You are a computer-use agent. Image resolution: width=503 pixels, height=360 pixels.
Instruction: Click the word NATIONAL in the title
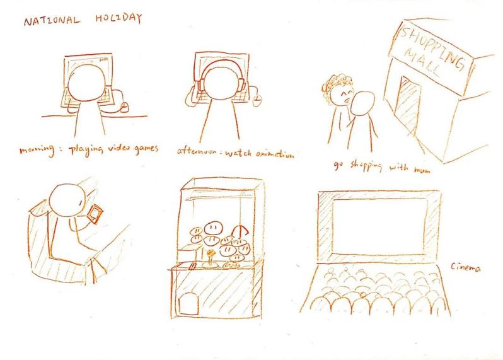click(x=52, y=21)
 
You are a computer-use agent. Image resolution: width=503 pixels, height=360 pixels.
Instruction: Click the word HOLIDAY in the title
click(x=119, y=18)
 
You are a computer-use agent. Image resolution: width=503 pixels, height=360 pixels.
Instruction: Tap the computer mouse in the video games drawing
click(x=124, y=107)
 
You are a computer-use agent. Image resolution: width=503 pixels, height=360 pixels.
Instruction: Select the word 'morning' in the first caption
click(x=37, y=150)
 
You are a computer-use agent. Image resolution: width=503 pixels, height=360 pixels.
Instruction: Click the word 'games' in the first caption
click(x=146, y=149)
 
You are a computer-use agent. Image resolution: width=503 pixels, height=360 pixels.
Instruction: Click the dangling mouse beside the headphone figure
click(x=257, y=101)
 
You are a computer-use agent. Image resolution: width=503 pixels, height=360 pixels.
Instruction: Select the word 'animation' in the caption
click(x=275, y=154)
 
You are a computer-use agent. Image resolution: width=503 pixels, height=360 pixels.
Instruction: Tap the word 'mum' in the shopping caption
click(x=422, y=170)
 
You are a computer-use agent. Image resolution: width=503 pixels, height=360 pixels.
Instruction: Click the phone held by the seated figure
click(x=96, y=214)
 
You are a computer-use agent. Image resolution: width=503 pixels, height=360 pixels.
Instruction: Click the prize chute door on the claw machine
click(x=188, y=303)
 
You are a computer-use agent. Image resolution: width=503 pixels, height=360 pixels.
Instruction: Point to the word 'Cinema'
click(x=466, y=267)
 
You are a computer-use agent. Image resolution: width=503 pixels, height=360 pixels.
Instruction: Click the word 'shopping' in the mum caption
click(x=366, y=166)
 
